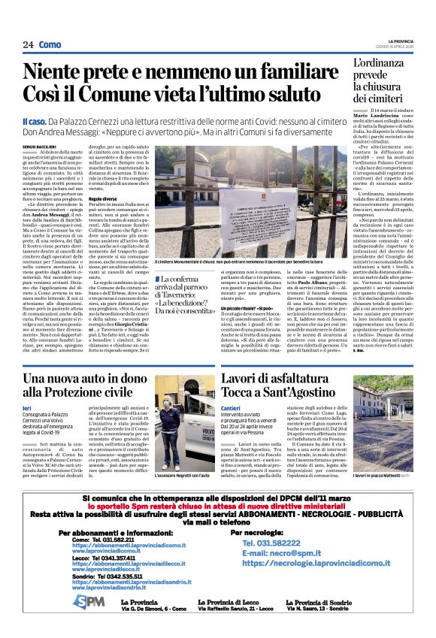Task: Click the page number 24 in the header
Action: click(28, 44)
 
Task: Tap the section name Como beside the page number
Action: click(50, 44)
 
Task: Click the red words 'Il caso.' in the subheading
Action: click(35, 120)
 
